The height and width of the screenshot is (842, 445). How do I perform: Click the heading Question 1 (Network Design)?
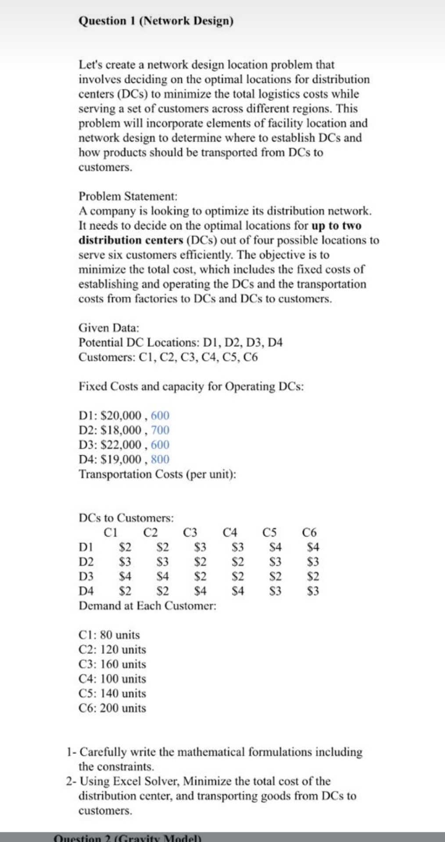(156, 21)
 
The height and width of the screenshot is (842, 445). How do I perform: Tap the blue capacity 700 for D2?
(160, 430)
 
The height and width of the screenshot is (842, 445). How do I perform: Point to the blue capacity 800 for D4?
(160, 459)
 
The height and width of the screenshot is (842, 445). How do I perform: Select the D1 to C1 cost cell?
(126, 547)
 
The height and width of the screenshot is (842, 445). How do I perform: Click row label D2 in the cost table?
(86, 562)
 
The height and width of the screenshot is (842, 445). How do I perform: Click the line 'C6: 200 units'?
(112, 708)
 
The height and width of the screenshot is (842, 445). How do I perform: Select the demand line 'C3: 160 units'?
(112, 664)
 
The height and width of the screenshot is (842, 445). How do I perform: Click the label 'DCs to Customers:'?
(126, 518)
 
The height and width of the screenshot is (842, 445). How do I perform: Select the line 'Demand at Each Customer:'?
(147, 606)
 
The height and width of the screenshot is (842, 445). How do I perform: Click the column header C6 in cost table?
(309, 533)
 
